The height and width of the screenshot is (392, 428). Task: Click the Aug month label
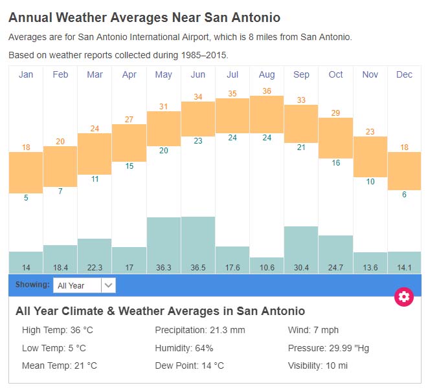click(267, 74)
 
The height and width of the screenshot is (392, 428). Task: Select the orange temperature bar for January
click(26, 172)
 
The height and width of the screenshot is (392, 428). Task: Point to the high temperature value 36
click(267, 91)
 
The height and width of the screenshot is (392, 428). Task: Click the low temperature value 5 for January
click(26, 198)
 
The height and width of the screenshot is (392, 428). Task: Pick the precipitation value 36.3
click(164, 267)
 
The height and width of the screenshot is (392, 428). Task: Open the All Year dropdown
click(84, 285)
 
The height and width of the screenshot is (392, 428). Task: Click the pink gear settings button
click(404, 297)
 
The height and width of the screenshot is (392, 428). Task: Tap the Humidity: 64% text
click(184, 348)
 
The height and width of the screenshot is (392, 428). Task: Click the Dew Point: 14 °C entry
click(189, 365)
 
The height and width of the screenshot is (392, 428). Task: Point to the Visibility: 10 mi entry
click(317, 365)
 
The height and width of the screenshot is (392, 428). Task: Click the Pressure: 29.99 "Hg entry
click(328, 348)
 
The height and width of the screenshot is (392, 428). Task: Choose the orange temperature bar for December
click(405, 171)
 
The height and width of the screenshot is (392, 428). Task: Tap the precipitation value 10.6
click(267, 267)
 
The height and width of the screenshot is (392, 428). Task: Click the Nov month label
click(370, 74)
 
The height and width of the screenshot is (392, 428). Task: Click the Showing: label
click(32, 285)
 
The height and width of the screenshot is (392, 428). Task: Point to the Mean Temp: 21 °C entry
click(60, 365)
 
